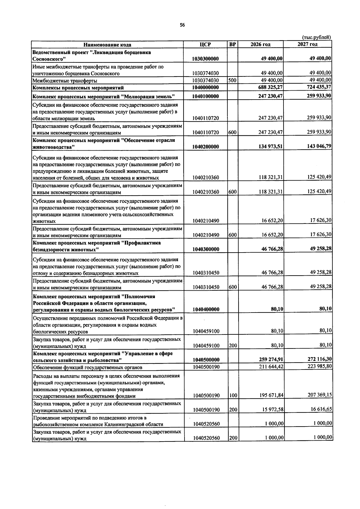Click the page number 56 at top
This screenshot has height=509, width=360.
[x=182, y=25]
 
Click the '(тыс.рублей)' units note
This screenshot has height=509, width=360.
[x=316, y=37]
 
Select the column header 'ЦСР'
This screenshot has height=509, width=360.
[x=205, y=44]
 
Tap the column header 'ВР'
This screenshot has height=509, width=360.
[x=232, y=44]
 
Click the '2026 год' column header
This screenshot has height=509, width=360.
[x=260, y=44]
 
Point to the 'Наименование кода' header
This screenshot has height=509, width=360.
[x=107, y=45]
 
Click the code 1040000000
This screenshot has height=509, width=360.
[x=205, y=88]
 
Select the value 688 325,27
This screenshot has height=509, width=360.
[x=271, y=87]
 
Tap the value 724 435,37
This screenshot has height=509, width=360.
[x=319, y=87]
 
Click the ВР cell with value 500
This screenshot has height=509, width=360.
[x=232, y=80]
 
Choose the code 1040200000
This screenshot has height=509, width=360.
[x=205, y=147]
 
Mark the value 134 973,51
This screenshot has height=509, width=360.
[x=271, y=146]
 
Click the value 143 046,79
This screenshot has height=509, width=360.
[x=319, y=146]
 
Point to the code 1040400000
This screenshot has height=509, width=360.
[x=206, y=309]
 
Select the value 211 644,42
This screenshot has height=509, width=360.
[x=271, y=367]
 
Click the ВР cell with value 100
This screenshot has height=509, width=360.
[x=233, y=396]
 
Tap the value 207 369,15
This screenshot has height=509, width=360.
[x=320, y=395]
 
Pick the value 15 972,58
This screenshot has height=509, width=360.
[x=272, y=409]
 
